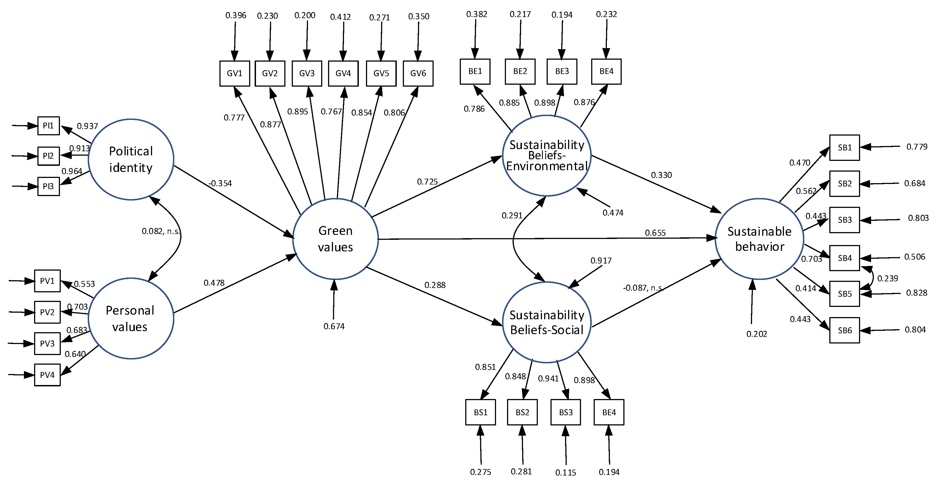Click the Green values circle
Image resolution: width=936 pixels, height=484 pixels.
pos(335,239)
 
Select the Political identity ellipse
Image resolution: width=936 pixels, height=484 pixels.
pos(131,159)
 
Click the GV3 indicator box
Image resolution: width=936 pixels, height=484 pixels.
pos(307,73)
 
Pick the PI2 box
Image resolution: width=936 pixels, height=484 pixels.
pos(48,156)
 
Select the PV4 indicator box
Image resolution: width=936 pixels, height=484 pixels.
pos(47,375)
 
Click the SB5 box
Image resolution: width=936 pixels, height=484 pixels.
pos(844,294)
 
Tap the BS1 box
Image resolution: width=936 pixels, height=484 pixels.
pos(480,412)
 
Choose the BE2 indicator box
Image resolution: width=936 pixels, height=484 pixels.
pos(520,71)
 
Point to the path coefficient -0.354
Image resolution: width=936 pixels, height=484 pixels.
pos(220,183)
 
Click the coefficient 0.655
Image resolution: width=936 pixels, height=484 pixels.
pos(655,233)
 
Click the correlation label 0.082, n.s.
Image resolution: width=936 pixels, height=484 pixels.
pos(161,231)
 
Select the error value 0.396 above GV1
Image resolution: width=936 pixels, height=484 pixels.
pos(235,15)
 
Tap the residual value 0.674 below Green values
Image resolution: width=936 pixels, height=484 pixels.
pos(334,326)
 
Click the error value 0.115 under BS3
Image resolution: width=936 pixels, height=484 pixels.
pos(565,472)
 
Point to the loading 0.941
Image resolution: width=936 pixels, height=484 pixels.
pos(548,378)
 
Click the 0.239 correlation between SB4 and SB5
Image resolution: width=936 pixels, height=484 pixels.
pos(887,278)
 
